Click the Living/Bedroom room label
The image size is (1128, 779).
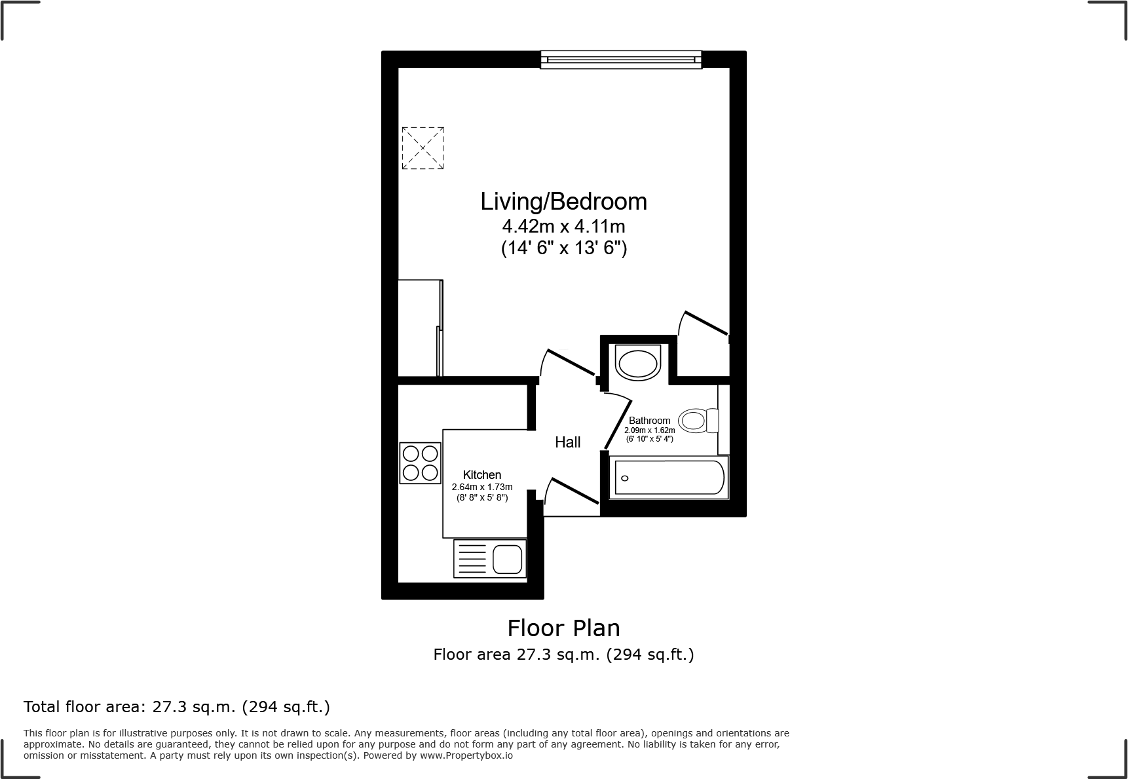(x=563, y=201)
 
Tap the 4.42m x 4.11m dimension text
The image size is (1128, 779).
(x=563, y=227)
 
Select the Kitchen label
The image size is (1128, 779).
(x=482, y=475)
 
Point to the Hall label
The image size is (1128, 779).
(x=567, y=442)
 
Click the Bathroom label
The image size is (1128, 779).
(x=649, y=421)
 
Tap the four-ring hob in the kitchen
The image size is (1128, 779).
(x=420, y=463)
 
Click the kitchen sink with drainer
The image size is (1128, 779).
(x=490, y=559)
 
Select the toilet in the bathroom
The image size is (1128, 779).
(x=698, y=420)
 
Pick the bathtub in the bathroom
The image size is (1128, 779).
(x=668, y=477)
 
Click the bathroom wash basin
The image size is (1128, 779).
(x=637, y=363)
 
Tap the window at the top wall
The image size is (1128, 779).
(x=620, y=60)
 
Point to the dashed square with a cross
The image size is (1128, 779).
(x=423, y=148)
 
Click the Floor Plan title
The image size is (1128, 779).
(x=563, y=628)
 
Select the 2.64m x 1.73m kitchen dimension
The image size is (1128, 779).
(x=482, y=487)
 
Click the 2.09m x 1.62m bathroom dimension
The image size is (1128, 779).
(x=649, y=430)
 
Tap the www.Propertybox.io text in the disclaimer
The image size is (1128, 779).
(x=466, y=755)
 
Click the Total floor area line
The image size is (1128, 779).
(x=177, y=707)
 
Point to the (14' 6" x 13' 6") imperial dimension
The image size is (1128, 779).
(x=563, y=249)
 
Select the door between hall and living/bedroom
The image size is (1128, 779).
(x=570, y=363)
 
